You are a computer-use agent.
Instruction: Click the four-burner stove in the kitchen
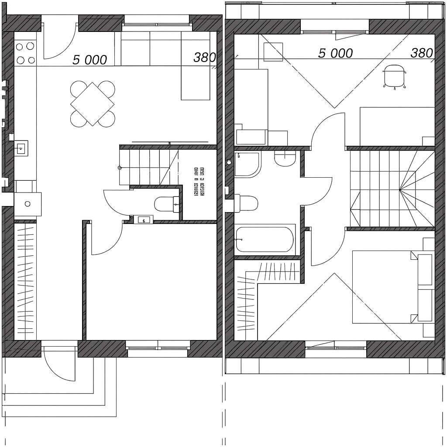pos(25,52)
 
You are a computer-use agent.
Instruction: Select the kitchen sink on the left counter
pos(21,149)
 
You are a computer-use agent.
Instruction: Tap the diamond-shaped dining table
pos(92,104)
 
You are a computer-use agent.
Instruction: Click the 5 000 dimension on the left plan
pos(89,60)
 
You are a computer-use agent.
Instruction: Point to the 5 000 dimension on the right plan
pos(335,53)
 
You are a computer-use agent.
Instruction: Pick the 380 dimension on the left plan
pos(205,57)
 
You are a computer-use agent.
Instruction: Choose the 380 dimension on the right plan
pos(422,53)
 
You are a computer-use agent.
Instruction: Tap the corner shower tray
pos(247,164)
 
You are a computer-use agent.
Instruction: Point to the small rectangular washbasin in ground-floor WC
pos(143,220)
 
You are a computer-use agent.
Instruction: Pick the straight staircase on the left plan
pos(148,167)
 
